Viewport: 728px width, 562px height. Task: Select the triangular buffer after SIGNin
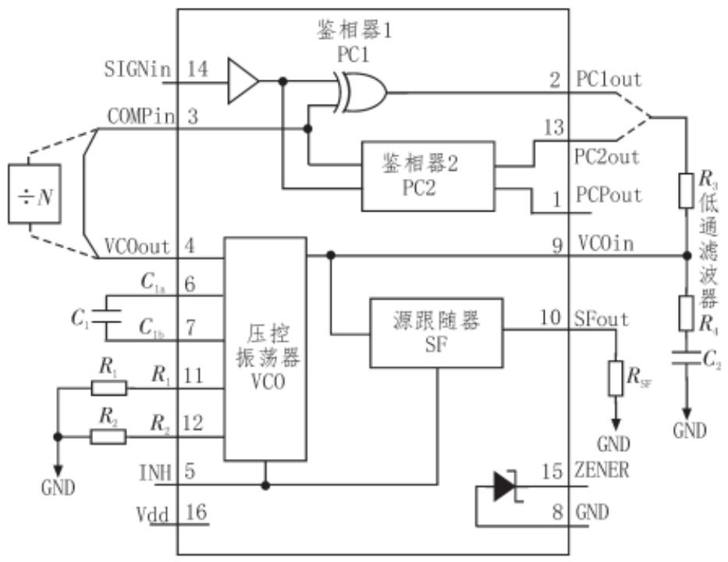click(243, 81)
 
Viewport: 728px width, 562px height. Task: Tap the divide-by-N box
click(35, 194)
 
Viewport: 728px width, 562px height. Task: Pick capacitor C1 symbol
click(106, 317)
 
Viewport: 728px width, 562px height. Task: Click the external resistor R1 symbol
click(108, 388)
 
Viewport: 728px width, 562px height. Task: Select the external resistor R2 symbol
click(108, 436)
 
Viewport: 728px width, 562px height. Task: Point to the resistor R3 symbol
click(687, 190)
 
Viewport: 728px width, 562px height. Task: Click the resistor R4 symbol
click(687, 313)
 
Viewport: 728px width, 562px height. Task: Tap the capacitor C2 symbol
click(687, 357)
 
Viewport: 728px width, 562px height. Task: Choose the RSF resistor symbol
click(616, 378)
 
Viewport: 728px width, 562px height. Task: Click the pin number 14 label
click(197, 69)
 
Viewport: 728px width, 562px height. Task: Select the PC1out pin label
click(609, 80)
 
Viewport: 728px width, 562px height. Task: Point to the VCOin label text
click(606, 243)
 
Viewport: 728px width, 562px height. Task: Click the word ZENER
click(602, 470)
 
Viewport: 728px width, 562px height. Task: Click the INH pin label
click(155, 473)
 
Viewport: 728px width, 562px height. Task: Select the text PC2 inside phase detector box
click(419, 188)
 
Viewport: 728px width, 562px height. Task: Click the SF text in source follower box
click(436, 344)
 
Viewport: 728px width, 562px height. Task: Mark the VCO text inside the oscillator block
click(268, 382)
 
